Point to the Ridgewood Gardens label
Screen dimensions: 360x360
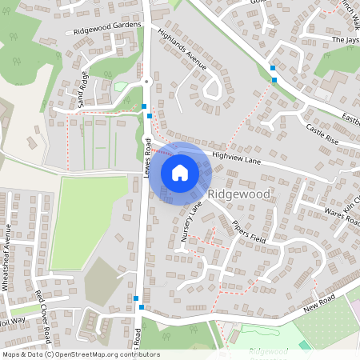click(106, 29)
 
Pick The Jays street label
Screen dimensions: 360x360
click(346, 39)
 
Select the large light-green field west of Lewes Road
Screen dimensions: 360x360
click(88, 221)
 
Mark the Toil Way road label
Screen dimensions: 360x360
click(13, 320)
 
